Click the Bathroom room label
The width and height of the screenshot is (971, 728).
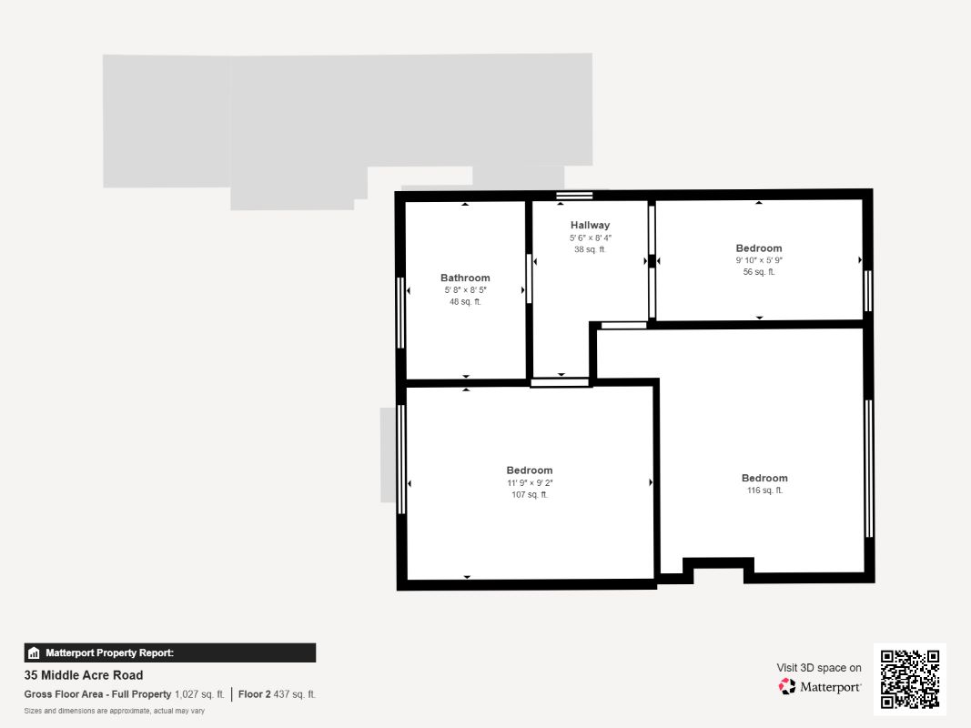pyautogui.click(x=465, y=278)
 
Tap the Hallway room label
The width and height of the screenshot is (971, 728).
pyautogui.click(x=590, y=225)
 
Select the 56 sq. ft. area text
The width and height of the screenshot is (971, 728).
pyautogui.click(x=759, y=272)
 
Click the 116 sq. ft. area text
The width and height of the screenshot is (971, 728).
pyautogui.click(x=764, y=490)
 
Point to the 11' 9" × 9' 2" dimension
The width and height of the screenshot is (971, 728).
pyautogui.click(x=530, y=483)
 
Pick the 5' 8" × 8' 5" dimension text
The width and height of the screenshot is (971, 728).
pyautogui.click(x=465, y=290)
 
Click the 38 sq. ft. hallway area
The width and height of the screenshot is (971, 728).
pyautogui.click(x=590, y=249)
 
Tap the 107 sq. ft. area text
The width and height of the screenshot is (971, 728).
pyautogui.click(x=530, y=495)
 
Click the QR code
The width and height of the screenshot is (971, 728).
pyautogui.click(x=910, y=679)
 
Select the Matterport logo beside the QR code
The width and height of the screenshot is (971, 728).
pyautogui.click(x=820, y=686)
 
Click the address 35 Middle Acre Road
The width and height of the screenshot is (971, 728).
pyautogui.click(x=84, y=675)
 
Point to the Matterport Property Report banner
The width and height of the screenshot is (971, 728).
pyautogui.click(x=170, y=652)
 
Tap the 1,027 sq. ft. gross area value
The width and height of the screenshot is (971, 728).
pyautogui.click(x=199, y=694)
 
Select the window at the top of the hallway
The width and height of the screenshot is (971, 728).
pyautogui.click(x=574, y=195)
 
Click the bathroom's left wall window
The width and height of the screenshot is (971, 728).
pyautogui.click(x=400, y=312)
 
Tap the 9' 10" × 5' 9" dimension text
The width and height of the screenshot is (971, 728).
pyautogui.click(x=759, y=260)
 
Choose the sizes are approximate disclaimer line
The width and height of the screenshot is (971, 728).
pyautogui.click(x=115, y=711)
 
